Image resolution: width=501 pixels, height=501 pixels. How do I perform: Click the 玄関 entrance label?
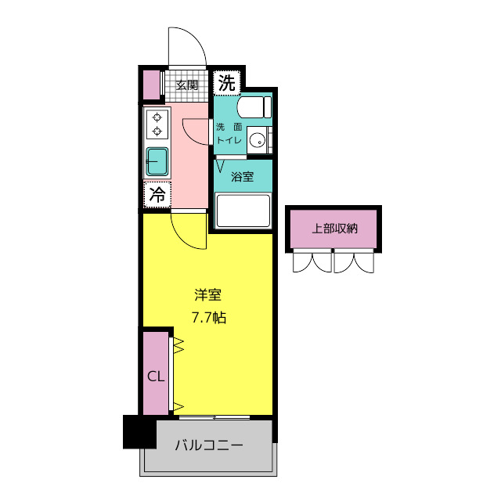[x=186, y=85]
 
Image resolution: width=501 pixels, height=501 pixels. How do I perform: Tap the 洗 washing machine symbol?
[x=226, y=81]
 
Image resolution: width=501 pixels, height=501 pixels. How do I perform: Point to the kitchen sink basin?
[x=157, y=161]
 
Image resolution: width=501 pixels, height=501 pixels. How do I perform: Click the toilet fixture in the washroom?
[x=253, y=108]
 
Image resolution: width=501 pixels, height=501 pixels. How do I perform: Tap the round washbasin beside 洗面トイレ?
[x=256, y=142]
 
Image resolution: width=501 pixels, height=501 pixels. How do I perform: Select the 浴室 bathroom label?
[x=242, y=176]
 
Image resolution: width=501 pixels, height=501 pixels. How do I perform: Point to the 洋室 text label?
[x=208, y=295]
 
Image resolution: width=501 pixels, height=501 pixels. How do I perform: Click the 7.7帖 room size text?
[x=208, y=318]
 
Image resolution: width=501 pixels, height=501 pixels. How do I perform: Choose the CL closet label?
[x=156, y=377]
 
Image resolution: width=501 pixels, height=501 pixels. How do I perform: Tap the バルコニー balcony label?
[x=208, y=445]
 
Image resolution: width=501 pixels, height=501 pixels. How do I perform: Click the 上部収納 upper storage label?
[x=334, y=229]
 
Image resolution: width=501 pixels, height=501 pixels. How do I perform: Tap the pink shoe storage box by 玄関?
[x=150, y=85]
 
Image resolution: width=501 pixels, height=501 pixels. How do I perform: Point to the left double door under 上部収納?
[x=312, y=261]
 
